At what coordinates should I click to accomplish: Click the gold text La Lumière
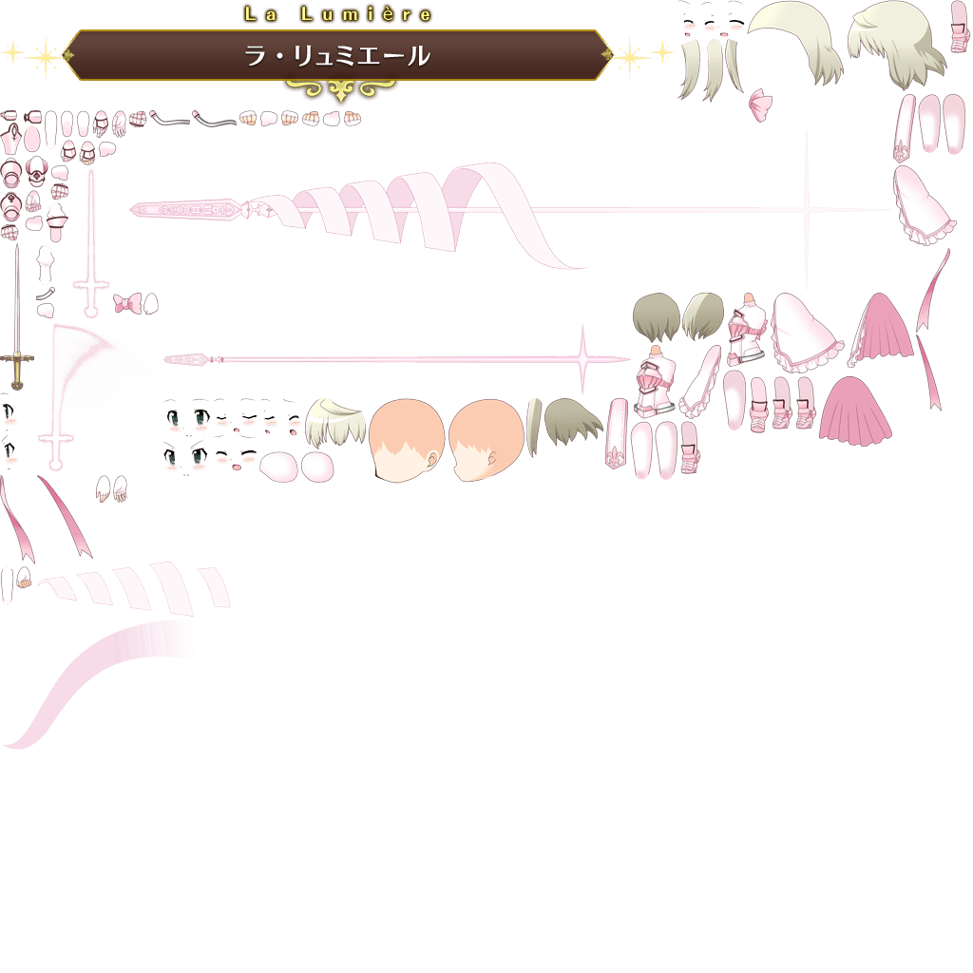[337, 14]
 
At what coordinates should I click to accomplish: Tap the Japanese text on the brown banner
[337, 56]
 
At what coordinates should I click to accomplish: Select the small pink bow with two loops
[134, 304]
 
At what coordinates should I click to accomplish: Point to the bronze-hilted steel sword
[16, 323]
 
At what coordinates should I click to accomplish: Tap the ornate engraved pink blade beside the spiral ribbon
[190, 208]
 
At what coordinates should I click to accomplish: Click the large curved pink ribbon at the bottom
[105, 675]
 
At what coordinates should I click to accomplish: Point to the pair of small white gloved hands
[111, 489]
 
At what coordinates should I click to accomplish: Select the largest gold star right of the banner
[628, 57]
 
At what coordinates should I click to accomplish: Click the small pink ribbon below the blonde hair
[760, 104]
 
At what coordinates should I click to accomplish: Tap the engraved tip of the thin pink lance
[195, 359]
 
